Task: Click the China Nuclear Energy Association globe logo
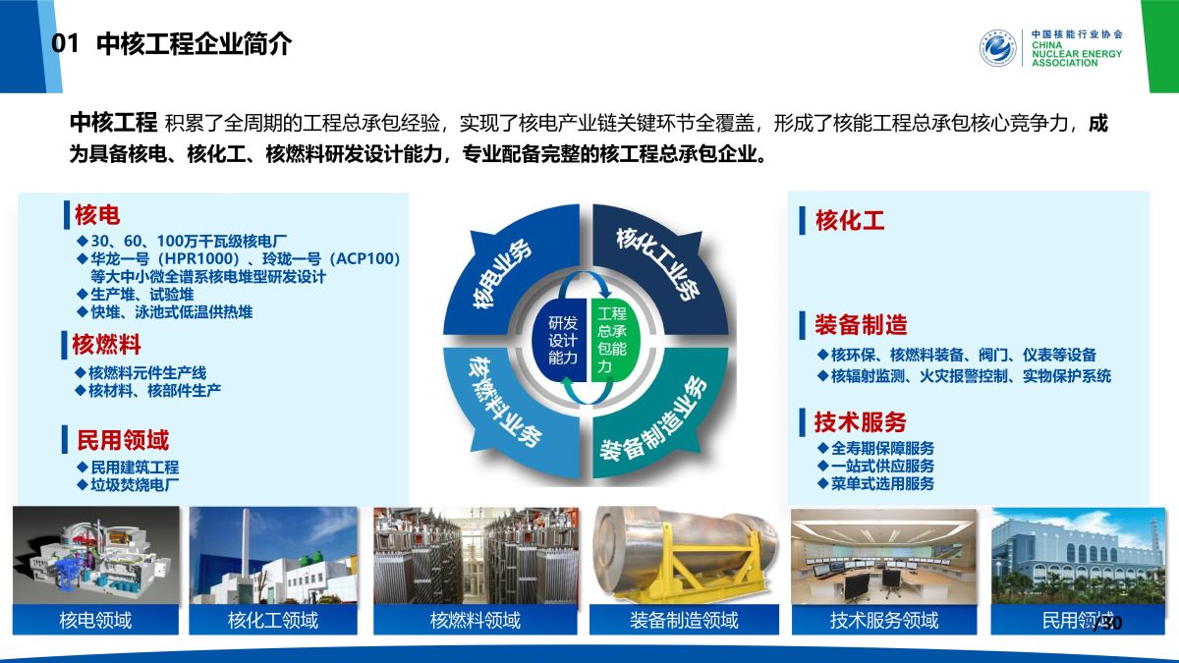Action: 997,48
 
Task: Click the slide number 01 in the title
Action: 65,43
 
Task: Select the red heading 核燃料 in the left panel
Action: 106,345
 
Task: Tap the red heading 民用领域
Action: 123,440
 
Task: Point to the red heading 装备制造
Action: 861,325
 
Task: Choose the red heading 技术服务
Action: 860,421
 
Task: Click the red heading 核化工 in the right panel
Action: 850,220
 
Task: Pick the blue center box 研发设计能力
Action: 561,340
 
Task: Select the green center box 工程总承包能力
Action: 614,340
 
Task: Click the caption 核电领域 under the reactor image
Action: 95,621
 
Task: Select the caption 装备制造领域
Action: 684,621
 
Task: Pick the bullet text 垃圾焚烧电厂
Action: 135,484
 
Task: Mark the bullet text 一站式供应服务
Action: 882,466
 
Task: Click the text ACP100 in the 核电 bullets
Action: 365,259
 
